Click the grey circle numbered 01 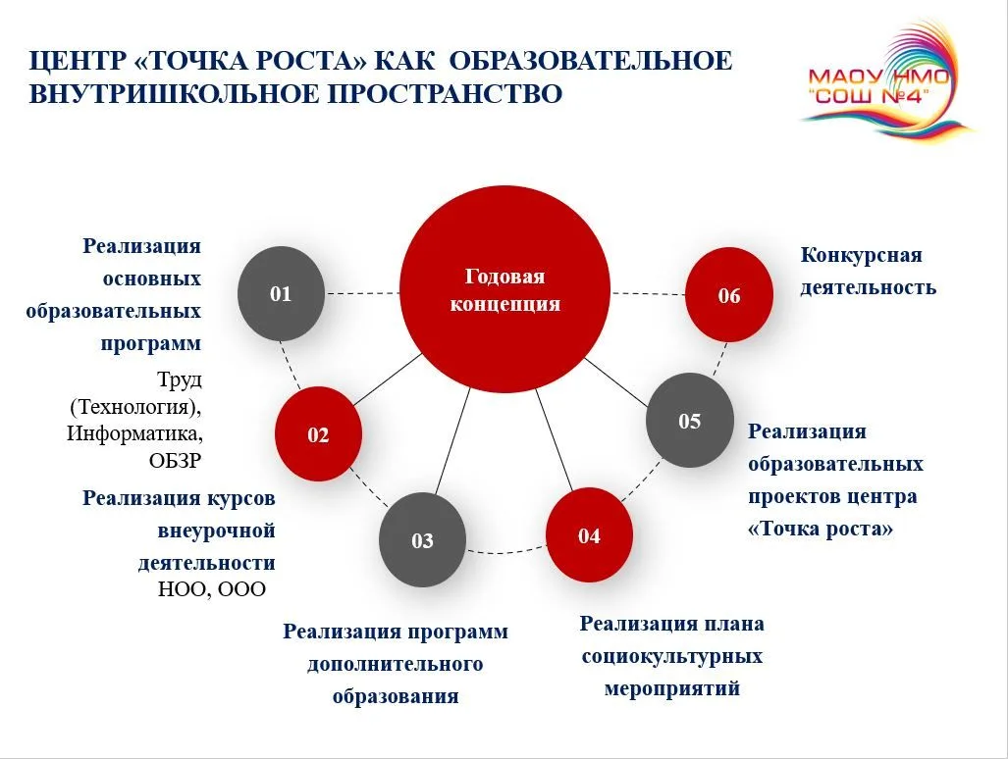281,293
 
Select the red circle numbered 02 318,434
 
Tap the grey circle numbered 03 422,540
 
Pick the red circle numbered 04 589,534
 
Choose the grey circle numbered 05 690,421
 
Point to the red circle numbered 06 729,295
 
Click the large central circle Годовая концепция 504,289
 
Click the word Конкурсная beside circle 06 862,255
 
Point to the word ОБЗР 175,461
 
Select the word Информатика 135,433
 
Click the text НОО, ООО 211,588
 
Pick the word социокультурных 671,657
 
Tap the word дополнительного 395,663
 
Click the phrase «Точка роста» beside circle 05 821,529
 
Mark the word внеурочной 217,531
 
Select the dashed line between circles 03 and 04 505,551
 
